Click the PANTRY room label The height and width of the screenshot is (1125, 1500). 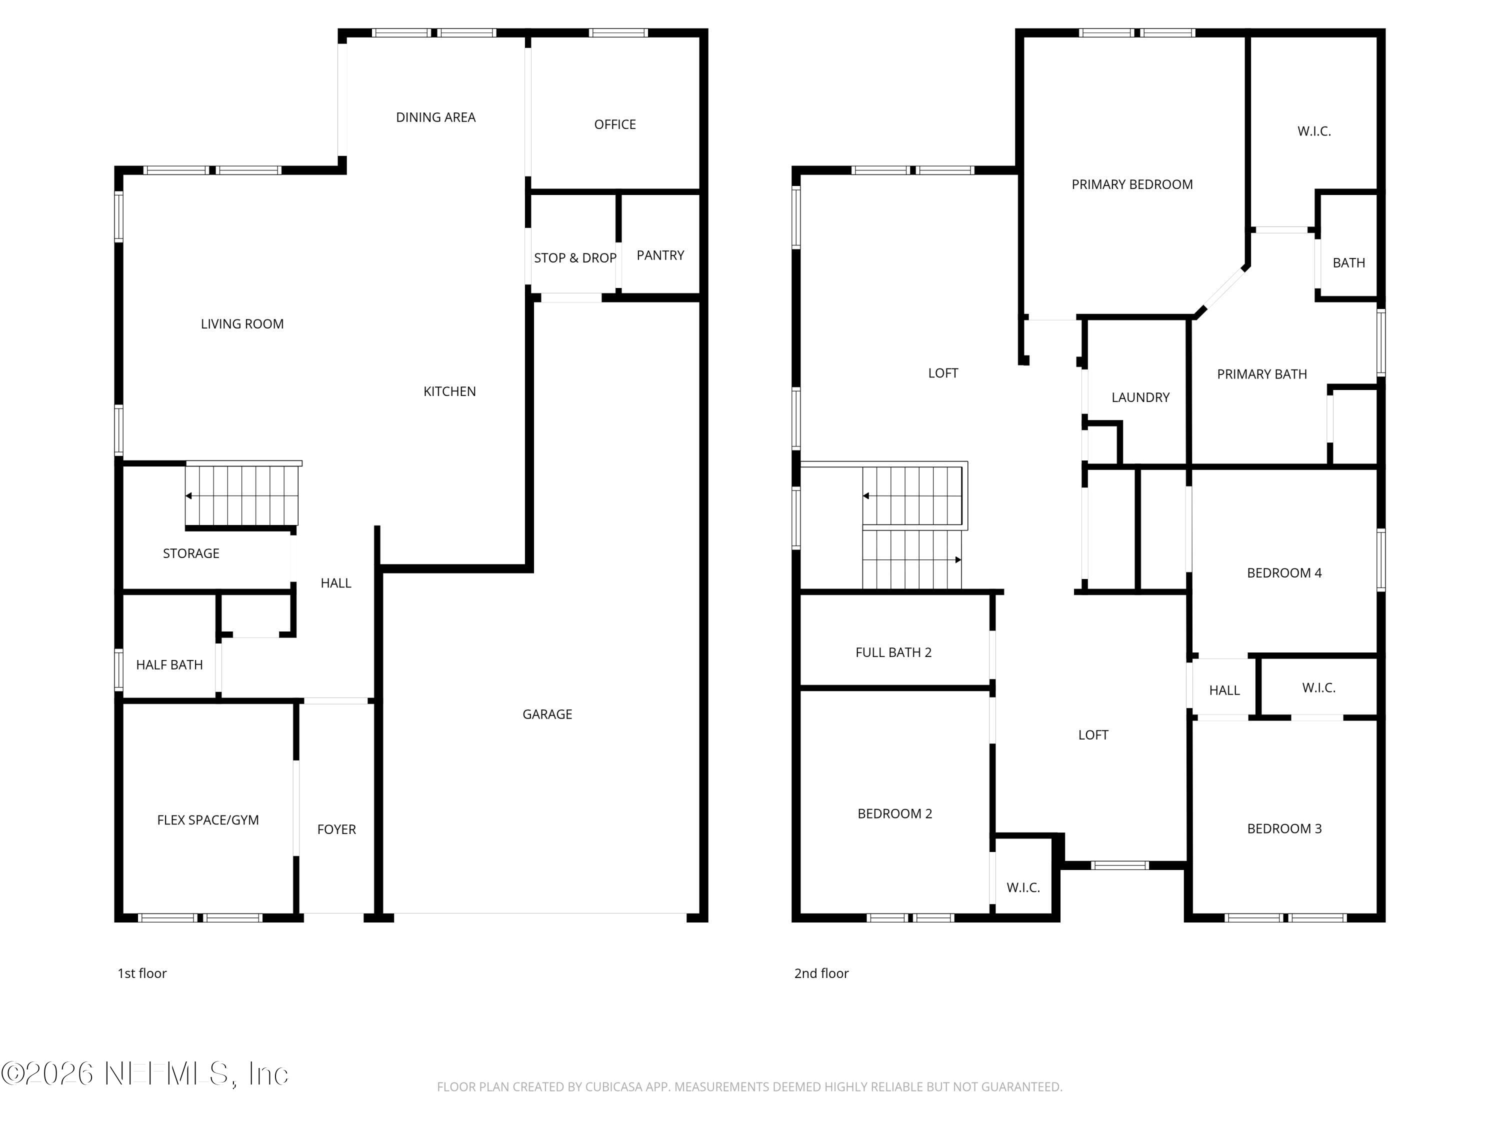(660, 255)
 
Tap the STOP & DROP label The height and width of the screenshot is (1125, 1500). (574, 258)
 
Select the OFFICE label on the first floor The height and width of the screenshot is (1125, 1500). (614, 125)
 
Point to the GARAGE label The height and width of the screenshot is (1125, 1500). (546, 714)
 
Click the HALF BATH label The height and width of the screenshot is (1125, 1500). (169, 665)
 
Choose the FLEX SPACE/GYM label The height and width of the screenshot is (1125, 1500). (207, 820)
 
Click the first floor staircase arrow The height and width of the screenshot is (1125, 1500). (189, 495)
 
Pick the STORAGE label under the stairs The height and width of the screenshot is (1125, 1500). (190, 554)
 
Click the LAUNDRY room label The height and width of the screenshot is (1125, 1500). (1140, 398)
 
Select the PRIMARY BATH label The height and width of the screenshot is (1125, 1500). (1261, 374)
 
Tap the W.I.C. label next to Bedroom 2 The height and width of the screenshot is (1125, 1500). (1022, 887)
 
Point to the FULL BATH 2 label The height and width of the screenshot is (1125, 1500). (893, 653)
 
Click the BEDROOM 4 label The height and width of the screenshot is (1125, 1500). (1283, 573)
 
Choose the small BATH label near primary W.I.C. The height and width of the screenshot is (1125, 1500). (1348, 263)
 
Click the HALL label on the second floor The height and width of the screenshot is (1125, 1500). (1224, 691)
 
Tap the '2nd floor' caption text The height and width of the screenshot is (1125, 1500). (820, 974)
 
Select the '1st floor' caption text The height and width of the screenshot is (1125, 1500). (141, 974)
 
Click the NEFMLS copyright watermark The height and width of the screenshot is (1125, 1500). (144, 1073)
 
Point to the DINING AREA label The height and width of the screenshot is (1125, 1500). (435, 118)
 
